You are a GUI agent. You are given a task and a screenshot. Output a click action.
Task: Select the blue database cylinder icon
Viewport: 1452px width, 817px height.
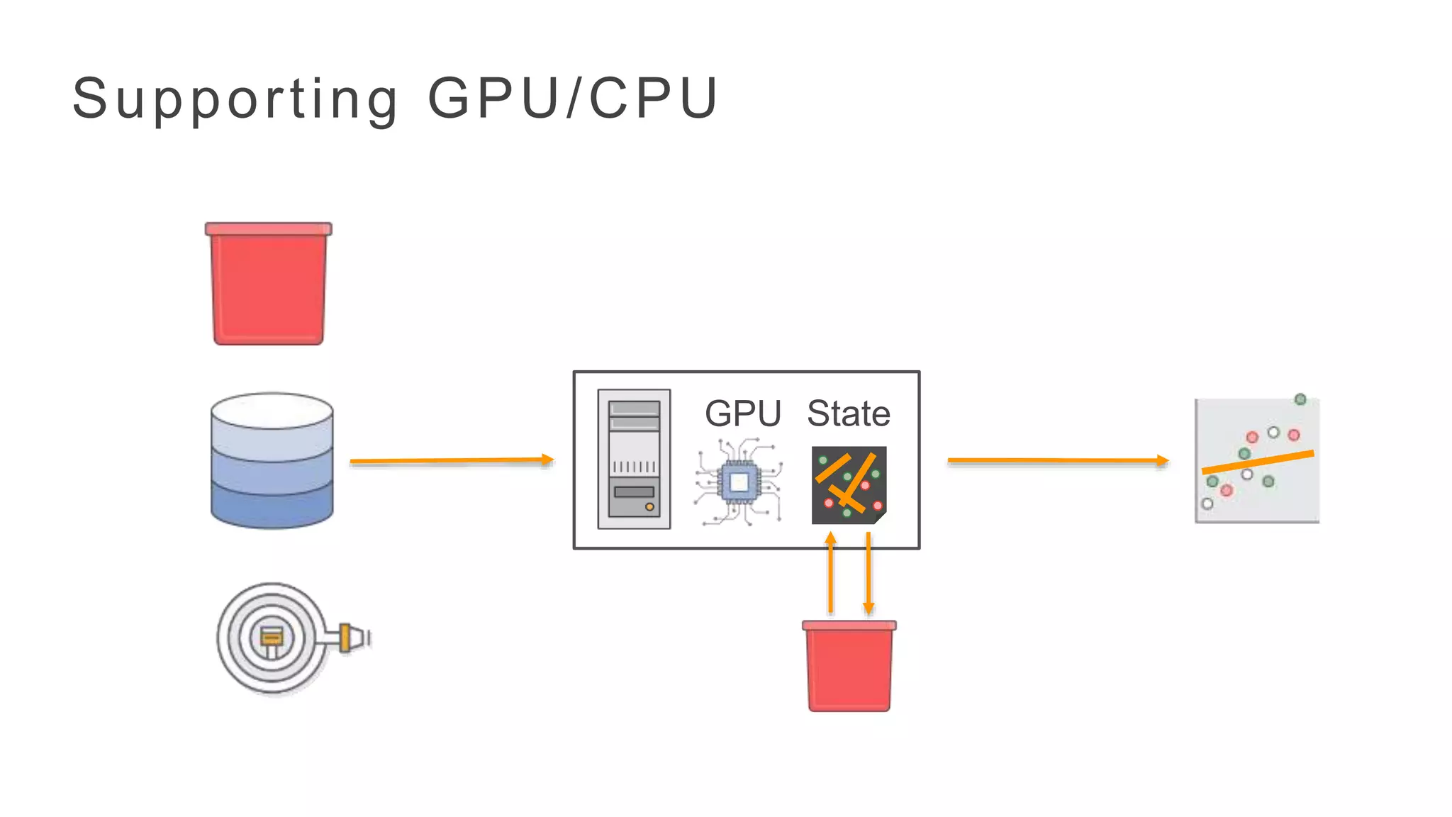[272, 461]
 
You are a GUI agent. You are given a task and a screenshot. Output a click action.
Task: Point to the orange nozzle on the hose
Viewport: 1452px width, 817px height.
[347, 637]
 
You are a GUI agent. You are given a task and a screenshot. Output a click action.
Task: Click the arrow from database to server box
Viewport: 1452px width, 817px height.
[451, 461]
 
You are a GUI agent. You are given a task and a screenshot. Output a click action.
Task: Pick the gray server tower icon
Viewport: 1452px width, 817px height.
[634, 459]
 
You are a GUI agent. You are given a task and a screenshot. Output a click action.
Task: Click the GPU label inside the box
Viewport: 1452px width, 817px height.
[742, 413]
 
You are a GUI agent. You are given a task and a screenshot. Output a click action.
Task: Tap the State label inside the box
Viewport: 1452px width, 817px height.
[849, 413]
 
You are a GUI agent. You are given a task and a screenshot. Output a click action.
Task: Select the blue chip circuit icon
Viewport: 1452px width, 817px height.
[739, 483]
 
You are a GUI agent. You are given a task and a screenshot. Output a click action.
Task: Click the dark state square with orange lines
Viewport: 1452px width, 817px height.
[849, 485]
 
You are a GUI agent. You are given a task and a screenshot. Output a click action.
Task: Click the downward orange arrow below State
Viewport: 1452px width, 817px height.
[869, 574]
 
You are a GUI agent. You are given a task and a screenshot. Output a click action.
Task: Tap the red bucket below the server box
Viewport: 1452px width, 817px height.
[849, 667]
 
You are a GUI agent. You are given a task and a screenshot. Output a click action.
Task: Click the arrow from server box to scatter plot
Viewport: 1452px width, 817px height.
[1056, 461]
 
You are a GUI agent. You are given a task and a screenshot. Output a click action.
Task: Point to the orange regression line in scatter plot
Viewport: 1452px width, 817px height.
[1258, 462]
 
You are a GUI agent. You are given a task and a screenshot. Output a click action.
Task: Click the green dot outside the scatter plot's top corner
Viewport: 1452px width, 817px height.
[1300, 399]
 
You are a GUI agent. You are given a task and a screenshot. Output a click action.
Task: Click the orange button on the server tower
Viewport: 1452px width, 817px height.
[649, 507]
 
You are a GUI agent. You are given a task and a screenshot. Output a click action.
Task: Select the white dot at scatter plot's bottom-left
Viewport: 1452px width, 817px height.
[1207, 504]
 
